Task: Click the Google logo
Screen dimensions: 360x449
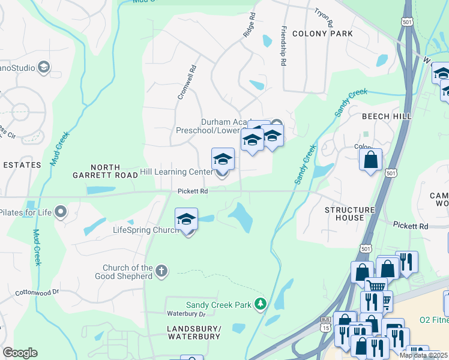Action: [x=20, y=352]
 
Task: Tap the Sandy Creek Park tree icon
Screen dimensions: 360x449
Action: [x=260, y=305]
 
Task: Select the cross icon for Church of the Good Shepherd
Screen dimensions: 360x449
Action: [x=161, y=272]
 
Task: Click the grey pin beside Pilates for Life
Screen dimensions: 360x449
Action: [x=60, y=211]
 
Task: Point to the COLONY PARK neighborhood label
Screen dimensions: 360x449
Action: [x=322, y=34]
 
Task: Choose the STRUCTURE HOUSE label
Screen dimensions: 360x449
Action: [x=350, y=214]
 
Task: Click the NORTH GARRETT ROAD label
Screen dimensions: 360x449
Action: [x=106, y=172]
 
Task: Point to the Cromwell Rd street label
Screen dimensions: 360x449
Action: [x=185, y=83]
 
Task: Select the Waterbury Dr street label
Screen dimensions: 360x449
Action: [x=186, y=313]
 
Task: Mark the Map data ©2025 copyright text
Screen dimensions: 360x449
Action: [x=423, y=355]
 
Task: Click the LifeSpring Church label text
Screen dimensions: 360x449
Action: [x=143, y=230]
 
